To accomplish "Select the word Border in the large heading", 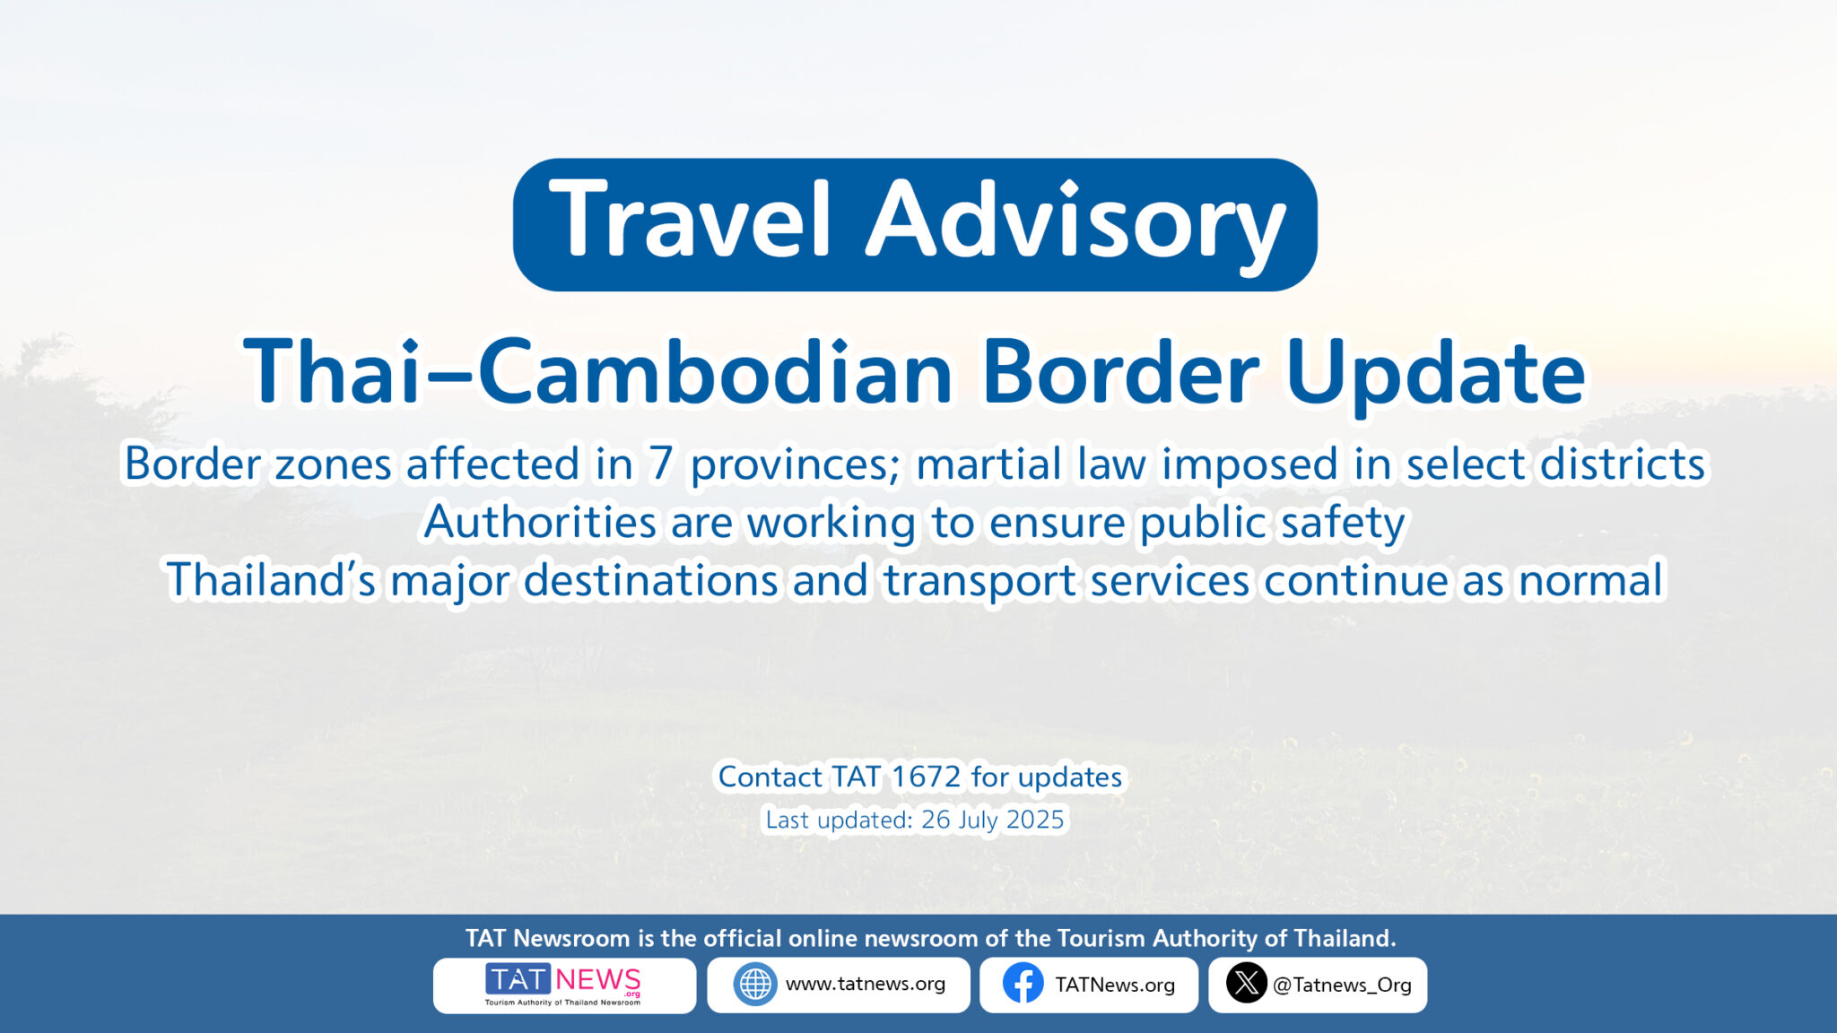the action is point(1120,372).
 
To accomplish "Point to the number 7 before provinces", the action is point(660,464).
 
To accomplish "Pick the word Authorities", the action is point(541,522).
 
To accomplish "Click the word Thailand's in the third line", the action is point(271,579).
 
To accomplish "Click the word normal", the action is point(1591,580).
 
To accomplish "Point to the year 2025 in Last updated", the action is point(1035,820).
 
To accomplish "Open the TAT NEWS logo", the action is point(564,985).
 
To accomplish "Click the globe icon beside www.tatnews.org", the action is point(755,985).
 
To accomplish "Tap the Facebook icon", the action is point(1023,985).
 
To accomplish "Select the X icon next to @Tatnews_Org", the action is point(1246,985).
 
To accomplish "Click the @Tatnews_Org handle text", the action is point(1342,985).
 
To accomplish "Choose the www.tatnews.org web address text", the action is point(866,985).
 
